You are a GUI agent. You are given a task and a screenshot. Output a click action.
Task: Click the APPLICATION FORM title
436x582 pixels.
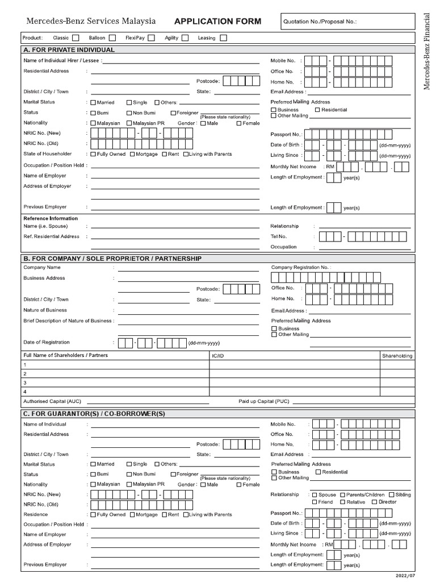tap(218, 22)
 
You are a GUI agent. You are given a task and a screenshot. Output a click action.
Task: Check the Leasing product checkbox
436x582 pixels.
tap(223, 38)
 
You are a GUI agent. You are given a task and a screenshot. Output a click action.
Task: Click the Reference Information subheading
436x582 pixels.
tap(51, 218)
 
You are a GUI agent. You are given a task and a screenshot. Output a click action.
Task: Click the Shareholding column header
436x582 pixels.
tap(397, 356)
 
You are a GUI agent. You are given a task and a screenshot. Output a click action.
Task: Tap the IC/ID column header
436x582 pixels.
tap(218, 356)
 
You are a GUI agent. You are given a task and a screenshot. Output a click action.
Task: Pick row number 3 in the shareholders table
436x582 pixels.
tap(25, 383)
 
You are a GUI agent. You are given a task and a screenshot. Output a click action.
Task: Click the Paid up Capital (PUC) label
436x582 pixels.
tap(263, 401)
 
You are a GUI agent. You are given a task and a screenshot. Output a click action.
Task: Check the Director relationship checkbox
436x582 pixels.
tap(375, 502)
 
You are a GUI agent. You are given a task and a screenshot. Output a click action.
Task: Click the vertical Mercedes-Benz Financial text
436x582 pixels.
tap(427, 51)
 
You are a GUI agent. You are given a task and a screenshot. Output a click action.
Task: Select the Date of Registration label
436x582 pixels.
tap(47, 342)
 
